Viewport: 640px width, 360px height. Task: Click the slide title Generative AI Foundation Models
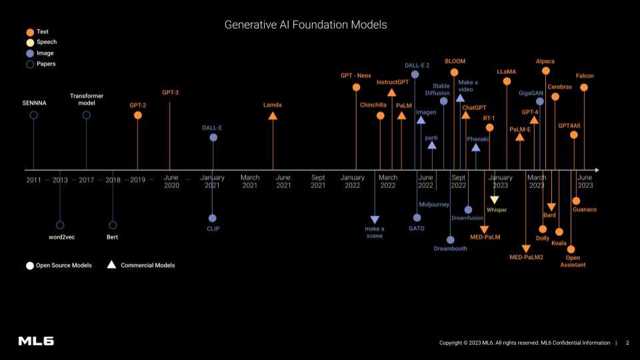(x=305, y=25)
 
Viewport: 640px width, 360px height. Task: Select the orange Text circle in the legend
(x=30, y=32)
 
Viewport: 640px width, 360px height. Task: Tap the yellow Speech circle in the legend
(x=30, y=43)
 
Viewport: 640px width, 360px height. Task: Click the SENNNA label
(x=34, y=103)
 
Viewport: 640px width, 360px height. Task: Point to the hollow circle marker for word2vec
(x=60, y=225)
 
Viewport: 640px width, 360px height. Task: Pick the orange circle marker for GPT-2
(x=138, y=115)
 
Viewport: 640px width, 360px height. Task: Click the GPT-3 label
(x=170, y=93)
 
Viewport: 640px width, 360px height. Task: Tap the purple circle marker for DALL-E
(x=213, y=138)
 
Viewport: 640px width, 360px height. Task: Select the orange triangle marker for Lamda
(x=272, y=116)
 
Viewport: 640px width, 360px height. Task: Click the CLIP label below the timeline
(x=213, y=229)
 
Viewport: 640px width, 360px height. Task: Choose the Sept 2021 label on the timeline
(x=318, y=181)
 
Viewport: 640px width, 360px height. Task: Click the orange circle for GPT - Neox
(x=356, y=87)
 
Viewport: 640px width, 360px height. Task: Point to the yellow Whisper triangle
(x=495, y=200)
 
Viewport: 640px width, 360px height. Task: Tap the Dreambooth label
(x=451, y=249)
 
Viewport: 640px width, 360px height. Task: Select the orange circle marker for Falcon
(x=584, y=87)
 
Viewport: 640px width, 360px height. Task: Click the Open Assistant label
(x=573, y=261)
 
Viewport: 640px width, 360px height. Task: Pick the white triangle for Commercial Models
(x=111, y=265)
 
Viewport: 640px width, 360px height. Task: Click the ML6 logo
(x=36, y=341)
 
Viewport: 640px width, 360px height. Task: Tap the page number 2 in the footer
(x=627, y=343)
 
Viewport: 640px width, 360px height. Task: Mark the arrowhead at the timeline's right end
(x=596, y=170)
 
